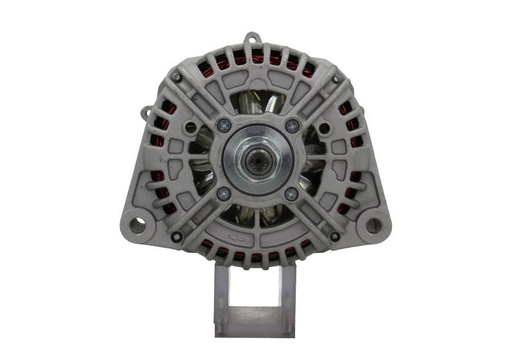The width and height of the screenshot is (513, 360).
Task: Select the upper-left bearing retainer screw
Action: [x=223, y=124]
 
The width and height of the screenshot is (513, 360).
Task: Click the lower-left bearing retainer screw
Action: [x=223, y=193]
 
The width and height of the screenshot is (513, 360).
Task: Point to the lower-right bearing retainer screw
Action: [x=292, y=193]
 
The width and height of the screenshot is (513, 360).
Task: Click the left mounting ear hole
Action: [x=137, y=224]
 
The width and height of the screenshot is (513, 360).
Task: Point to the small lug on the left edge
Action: [x=146, y=113]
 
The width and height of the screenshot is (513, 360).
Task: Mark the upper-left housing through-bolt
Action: [x=177, y=77]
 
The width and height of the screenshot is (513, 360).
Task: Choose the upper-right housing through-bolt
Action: [x=335, y=79]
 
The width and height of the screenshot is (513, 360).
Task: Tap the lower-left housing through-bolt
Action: [x=177, y=237]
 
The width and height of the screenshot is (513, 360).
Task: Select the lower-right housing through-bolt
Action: [x=334, y=237]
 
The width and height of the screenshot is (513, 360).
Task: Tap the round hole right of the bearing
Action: [x=324, y=128]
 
